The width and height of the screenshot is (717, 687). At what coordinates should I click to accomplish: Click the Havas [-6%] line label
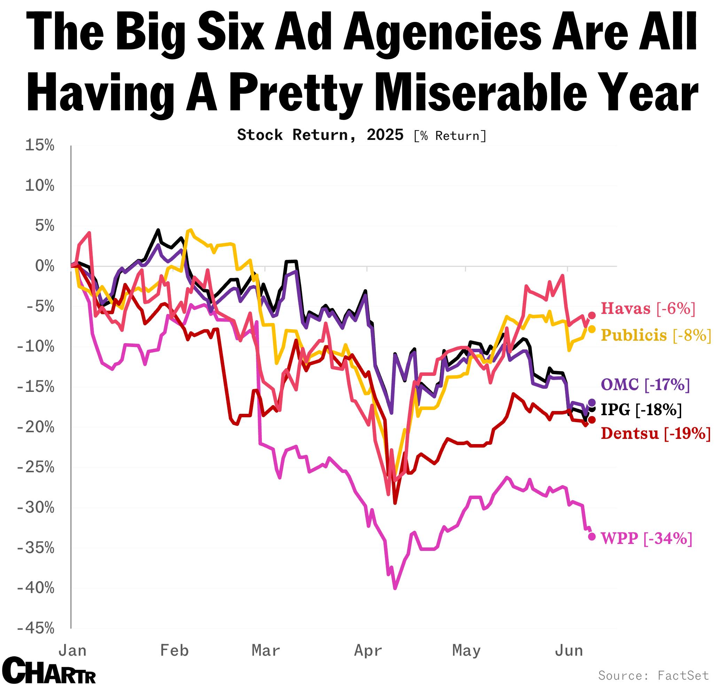click(x=648, y=309)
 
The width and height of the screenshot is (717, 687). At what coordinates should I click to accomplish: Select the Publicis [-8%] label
click(x=656, y=335)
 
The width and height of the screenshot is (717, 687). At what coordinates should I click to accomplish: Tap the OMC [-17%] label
click(x=645, y=385)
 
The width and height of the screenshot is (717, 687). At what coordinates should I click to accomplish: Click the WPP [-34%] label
click(x=646, y=538)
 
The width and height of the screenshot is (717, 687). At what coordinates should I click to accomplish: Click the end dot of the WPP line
click(x=592, y=536)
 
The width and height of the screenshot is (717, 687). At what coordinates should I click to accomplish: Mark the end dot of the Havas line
click(x=592, y=315)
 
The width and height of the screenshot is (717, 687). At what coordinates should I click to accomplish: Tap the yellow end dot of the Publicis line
click(x=592, y=329)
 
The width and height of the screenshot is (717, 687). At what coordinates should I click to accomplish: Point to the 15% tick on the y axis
click(x=39, y=145)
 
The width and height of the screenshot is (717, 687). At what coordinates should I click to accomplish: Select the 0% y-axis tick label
click(x=45, y=266)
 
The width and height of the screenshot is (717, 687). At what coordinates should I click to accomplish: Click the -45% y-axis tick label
click(x=35, y=628)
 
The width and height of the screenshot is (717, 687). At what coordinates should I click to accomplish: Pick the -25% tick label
click(x=35, y=467)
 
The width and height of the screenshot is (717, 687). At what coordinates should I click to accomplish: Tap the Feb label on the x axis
click(x=174, y=651)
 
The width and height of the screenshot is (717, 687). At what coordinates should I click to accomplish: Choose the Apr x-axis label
click(x=368, y=651)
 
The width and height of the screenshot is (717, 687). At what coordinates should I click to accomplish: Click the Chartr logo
click(x=51, y=671)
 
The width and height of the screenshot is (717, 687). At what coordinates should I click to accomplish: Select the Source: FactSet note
click(x=653, y=675)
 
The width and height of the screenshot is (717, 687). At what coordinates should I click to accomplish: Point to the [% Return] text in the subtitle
click(x=450, y=136)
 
